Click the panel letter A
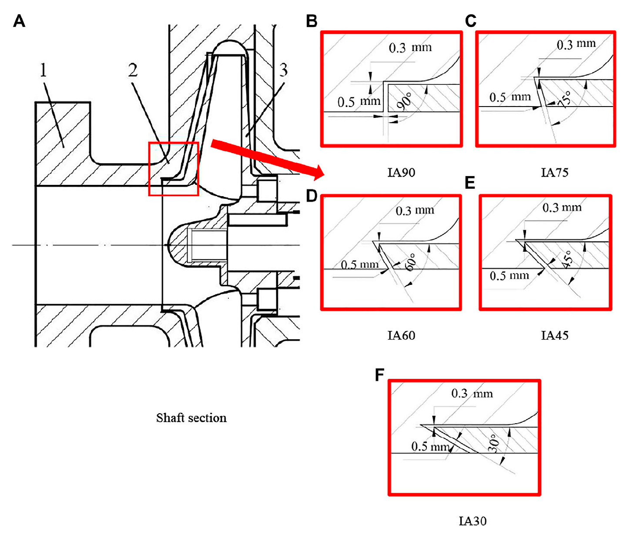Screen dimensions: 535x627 pyautogui.click(x=19, y=21)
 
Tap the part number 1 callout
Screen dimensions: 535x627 pyautogui.click(x=44, y=70)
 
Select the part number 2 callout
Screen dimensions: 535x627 pyautogui.click(x=133, y=70)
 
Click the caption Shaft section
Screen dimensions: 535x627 pyautogui.click(x=191, y=418)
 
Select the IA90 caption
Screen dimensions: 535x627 pyautogui.click(x=401, y=173)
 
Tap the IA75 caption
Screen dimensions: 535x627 pyautogui.click(x=554, y=173)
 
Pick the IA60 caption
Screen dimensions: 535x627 pyautogui.click(x=401, y=335)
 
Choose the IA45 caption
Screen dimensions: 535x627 pyautogui.click(x=554, y=335)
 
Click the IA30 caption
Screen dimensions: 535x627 pyautogui.click(x=473, y=521)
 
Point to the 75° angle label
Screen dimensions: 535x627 pyautogui.click(x=565, y=99)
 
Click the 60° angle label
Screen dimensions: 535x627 pyautogui.click(x=410, y=262)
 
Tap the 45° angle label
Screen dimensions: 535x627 pyautogui.click(x=567, y=260)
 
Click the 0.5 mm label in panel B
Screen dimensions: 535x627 pyautogui.click(x=359, y=102)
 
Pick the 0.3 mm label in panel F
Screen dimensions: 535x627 pyautogui.click(x=472, y=394)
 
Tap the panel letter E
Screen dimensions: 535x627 pyautogui.click(x=470, y=183)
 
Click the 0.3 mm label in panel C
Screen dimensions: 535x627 pyautogui.click(x=576, y=44)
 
